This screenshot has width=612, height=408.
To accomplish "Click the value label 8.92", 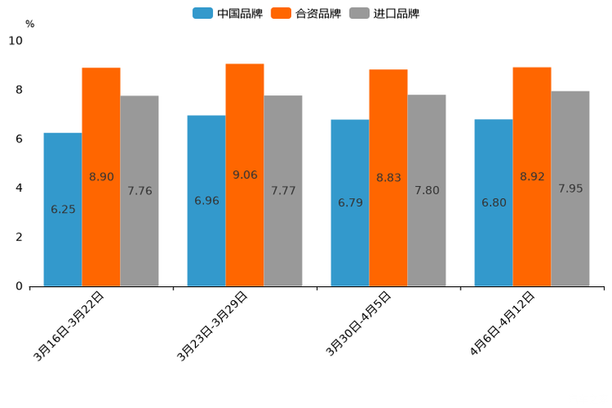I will coord(532,177).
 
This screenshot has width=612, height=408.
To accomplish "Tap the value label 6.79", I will coord(350,202).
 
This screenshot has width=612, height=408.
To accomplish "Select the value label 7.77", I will coord(283,191).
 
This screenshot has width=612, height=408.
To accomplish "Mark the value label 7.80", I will coord(427,191).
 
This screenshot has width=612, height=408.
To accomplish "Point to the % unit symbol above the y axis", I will coord(30,24).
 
